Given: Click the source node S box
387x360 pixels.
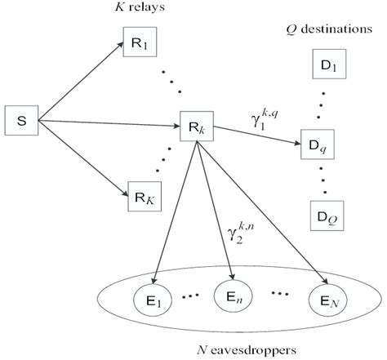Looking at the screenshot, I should (x=22, y=122).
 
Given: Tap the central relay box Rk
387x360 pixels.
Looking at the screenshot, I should (x=197, y=128).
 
